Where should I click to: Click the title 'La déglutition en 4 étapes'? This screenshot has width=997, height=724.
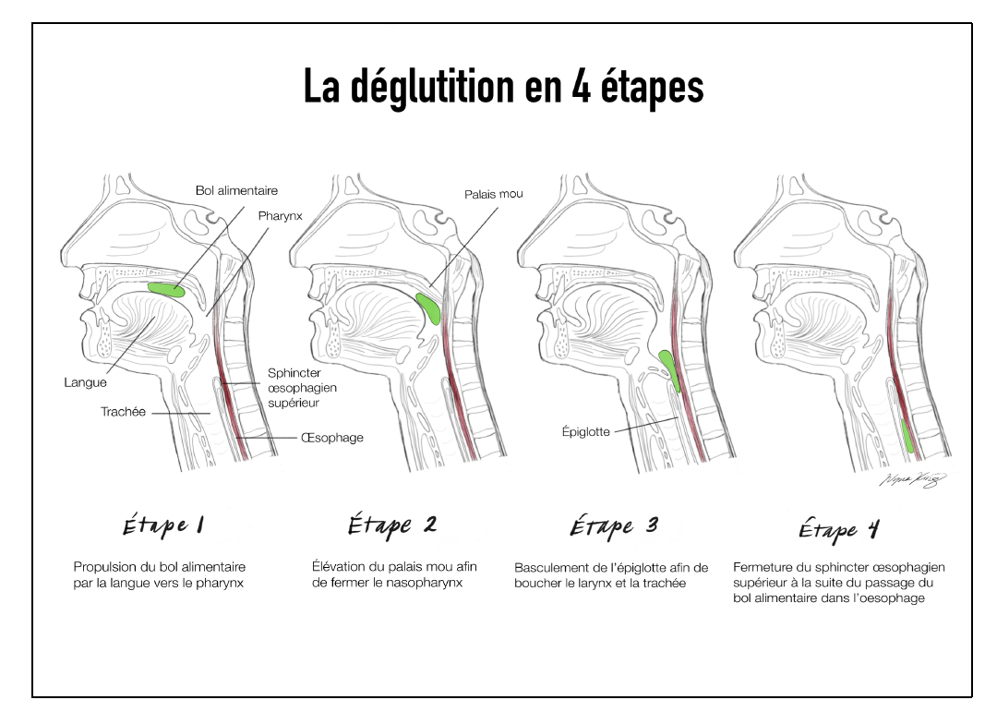[x=503, y=88]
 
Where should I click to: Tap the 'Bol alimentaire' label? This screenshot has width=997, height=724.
[x=236, y=191]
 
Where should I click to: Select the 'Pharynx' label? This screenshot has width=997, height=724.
[x=281, y=215]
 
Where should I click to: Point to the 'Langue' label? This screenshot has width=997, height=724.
[x=85, y=382]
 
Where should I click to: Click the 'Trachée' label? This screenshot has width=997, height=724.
[x=123, y=412]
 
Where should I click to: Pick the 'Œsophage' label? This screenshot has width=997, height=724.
[x=332, y=438]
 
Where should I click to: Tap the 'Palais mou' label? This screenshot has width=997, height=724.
[x=494, y=194]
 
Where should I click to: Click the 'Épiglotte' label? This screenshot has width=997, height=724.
[x=585, y=431]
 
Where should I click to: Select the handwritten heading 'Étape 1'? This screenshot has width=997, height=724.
[x=163, y=526]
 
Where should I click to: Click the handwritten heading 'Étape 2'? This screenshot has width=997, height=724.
[x=391, y=525]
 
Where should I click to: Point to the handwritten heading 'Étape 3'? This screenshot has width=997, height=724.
[x=613, y=527]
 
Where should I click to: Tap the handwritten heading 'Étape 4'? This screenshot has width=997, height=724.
[x=838, y=530]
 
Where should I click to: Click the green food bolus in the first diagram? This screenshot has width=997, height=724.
[x=167, y=290]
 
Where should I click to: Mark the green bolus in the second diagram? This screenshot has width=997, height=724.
[x=428, y=308]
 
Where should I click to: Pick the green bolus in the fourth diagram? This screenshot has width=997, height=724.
[x=908, y=437]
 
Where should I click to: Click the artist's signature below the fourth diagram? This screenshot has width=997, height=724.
[x=912, y=480]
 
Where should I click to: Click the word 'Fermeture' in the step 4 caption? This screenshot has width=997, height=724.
[x=764, y=567]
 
